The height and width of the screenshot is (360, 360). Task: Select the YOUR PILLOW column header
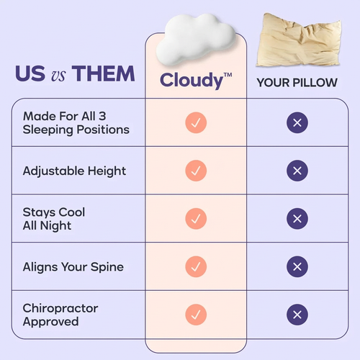click(x=297, y=82)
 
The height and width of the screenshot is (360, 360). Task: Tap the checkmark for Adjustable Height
click(x=196, y=171)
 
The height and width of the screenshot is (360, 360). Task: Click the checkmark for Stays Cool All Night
click(x=196, y=218)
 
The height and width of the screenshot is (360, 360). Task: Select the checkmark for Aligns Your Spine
click(x=196, y=266)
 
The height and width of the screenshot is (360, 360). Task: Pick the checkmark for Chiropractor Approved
click(x=196, y=314)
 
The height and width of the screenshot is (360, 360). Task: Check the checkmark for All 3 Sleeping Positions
click(x=196, y=122)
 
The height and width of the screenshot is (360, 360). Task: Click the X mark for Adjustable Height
click(x=297, y=171)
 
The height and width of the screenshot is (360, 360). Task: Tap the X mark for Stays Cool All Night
click(x=297, y=218)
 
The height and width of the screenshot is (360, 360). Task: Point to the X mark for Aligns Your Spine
click(x=297, y=266)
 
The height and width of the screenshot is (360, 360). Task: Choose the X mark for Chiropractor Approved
click(x=297, y=314)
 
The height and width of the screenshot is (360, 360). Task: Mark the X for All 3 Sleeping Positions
click(x=297, y=122)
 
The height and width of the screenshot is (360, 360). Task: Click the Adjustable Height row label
click(x=74, y=171)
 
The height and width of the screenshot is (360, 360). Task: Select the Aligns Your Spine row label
click(x=73, y=267)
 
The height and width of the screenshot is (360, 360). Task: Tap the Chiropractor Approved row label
click(x=60, y=315)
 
